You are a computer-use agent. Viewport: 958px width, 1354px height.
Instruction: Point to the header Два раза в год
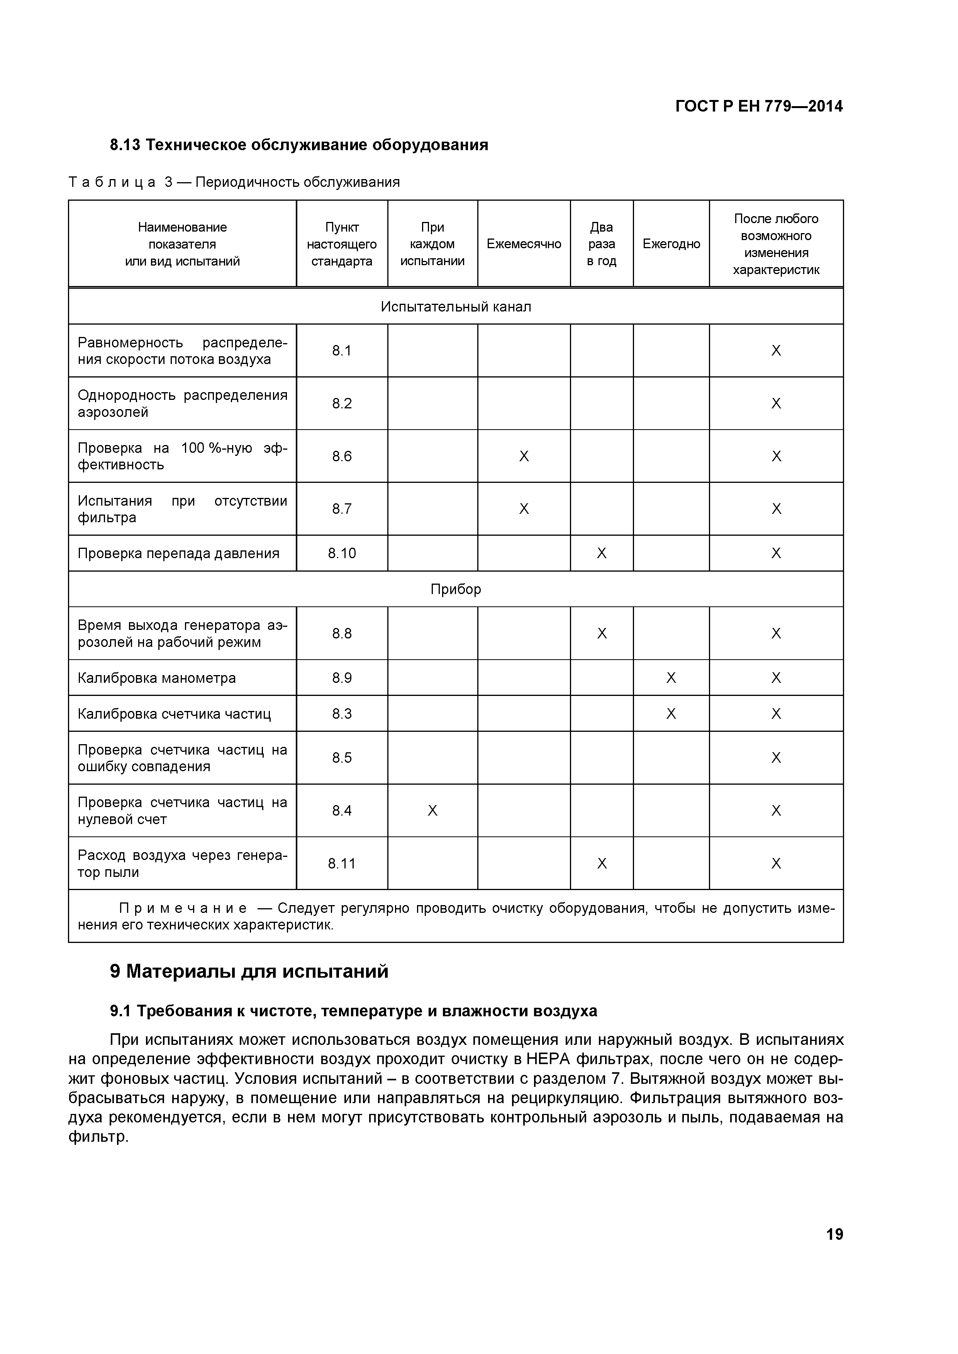601,244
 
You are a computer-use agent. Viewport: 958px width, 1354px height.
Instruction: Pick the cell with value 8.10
342,553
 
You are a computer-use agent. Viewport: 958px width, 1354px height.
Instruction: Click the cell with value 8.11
342,863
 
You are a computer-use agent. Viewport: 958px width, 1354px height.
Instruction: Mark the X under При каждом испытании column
432,811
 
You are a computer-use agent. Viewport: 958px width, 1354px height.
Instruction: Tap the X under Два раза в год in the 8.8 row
601,633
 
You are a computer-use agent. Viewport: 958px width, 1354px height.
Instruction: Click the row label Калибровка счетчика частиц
174,714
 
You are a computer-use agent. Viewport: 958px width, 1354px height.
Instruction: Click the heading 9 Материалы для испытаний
249,971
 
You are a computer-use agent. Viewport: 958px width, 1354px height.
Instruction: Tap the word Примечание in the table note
183,908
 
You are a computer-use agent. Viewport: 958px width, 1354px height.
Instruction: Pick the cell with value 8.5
342,758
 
